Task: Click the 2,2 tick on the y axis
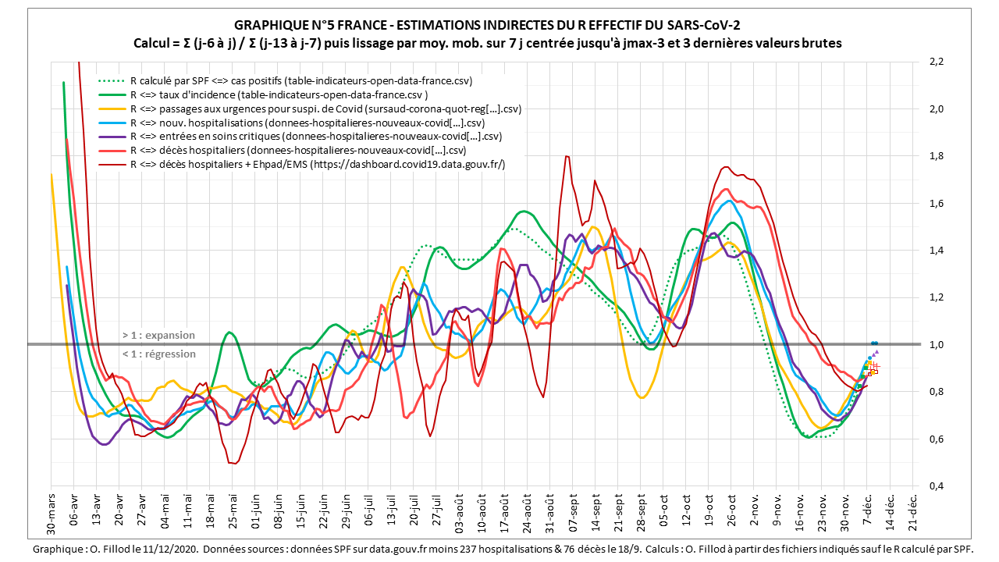point(936,61)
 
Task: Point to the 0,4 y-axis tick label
point(936,486)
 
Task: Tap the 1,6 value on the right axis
point(936,203)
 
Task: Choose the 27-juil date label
point(436,511)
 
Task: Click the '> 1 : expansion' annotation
point(158,335)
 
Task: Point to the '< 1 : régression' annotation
point(158,354)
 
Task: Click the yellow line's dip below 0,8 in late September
point(642,397)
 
